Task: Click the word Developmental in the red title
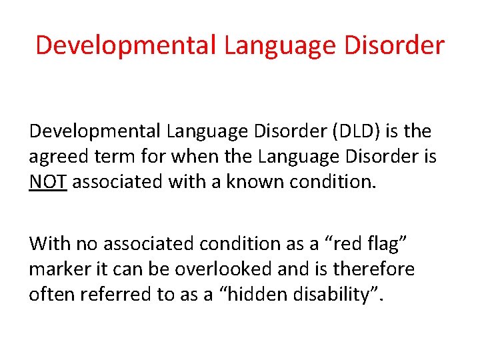[x=126, y=45]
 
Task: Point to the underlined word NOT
[x=47, y=182]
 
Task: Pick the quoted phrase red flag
[x=355, y=244]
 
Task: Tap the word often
[x=51, y=294]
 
